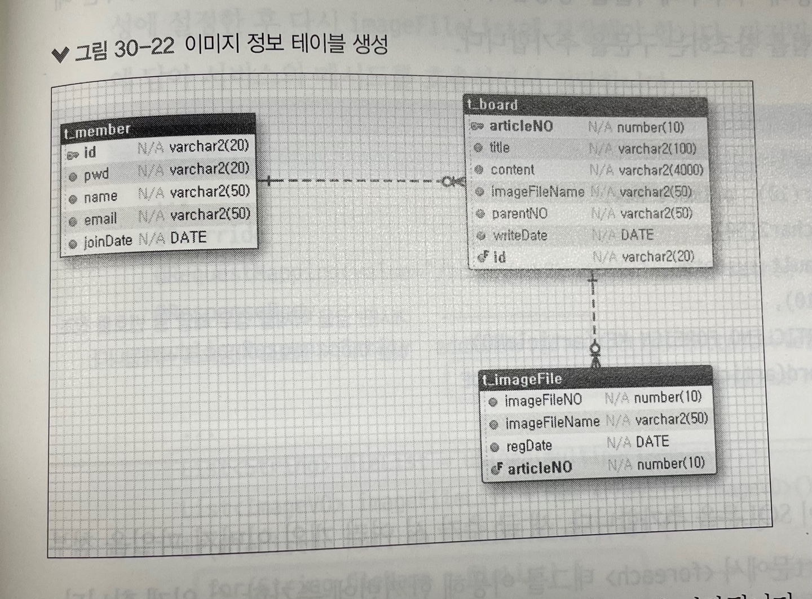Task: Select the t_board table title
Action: [492, 105]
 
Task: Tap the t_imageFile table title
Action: [522, 380]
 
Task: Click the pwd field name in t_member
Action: [96, 175]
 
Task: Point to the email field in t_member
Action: [100, 219]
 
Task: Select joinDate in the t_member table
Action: [108, 242]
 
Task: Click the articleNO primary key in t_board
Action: [520, 126]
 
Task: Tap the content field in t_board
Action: [512, 170]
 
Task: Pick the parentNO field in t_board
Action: [519, 214]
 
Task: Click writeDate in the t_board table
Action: [520, 235]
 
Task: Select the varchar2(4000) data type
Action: [661, 170]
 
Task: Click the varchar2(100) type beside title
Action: [657, 149]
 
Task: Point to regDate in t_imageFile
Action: [529, 446]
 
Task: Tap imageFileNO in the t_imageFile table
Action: [543, 400]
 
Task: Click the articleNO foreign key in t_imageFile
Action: [539, 468]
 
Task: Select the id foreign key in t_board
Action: [499, 258]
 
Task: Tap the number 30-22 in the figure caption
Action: [144, 49]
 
